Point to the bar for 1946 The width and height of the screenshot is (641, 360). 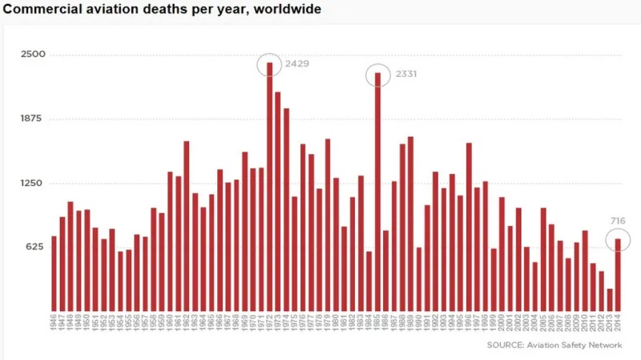[54, 273]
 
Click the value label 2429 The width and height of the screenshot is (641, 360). [296, 63]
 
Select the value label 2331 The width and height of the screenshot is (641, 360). [405, 74]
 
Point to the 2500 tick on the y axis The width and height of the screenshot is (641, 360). [34, 55]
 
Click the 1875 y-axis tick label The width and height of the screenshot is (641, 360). [34, 119]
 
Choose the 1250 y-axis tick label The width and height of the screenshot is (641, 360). [34, 183]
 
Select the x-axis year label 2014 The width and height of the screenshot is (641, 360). [619, 326]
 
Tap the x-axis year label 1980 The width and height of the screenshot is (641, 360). [337, 326]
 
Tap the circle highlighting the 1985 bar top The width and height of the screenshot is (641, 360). [377, 75]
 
